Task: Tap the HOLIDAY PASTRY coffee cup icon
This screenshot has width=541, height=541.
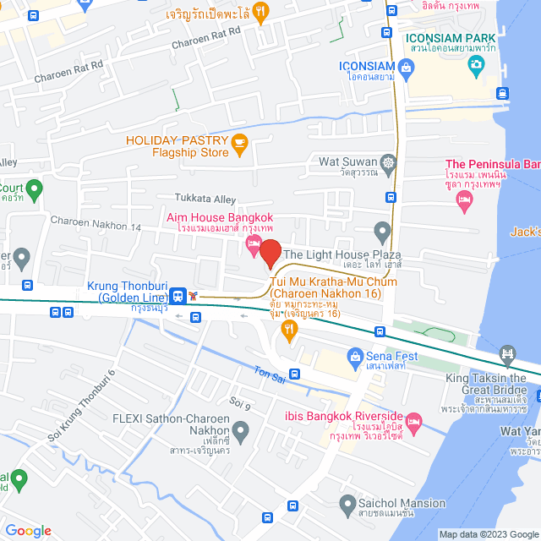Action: pos(239,141)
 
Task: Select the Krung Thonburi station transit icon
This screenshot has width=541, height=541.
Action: pos(178,296)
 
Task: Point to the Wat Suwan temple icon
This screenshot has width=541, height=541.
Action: pos(388,161)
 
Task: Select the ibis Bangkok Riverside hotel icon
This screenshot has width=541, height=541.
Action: pos(413,420)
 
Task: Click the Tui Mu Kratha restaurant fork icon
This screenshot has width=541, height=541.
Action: pos(290,333)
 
